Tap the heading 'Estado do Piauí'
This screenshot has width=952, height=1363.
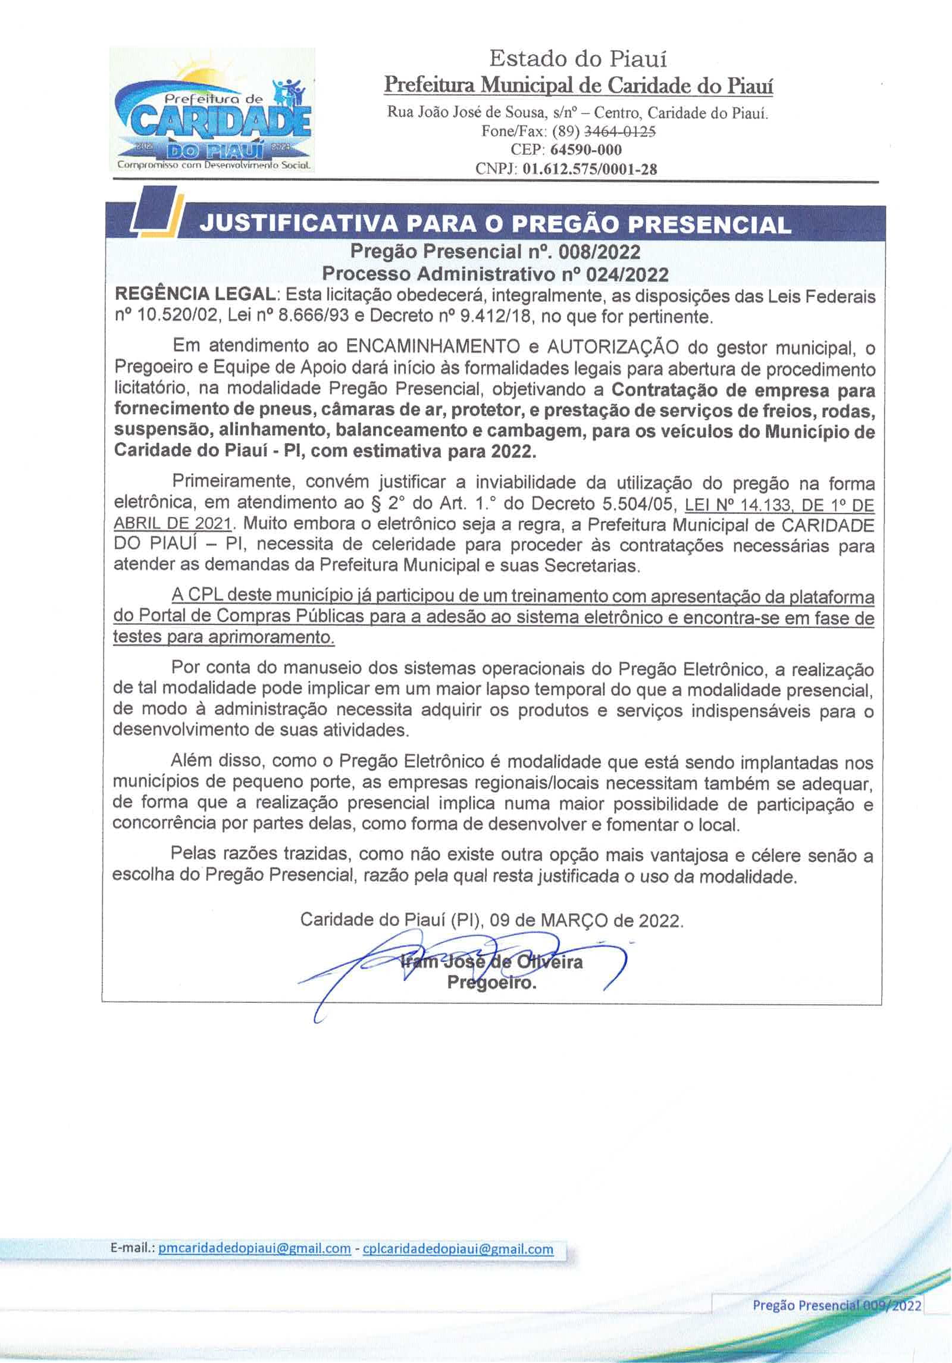[578, 59]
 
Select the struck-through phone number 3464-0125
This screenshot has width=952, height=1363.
[621, 132]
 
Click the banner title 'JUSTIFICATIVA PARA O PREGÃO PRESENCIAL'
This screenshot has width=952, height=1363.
[495, 224]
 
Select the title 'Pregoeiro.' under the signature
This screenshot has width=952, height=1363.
[491, 983]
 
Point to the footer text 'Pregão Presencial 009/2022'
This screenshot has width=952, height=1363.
[837, 1305]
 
